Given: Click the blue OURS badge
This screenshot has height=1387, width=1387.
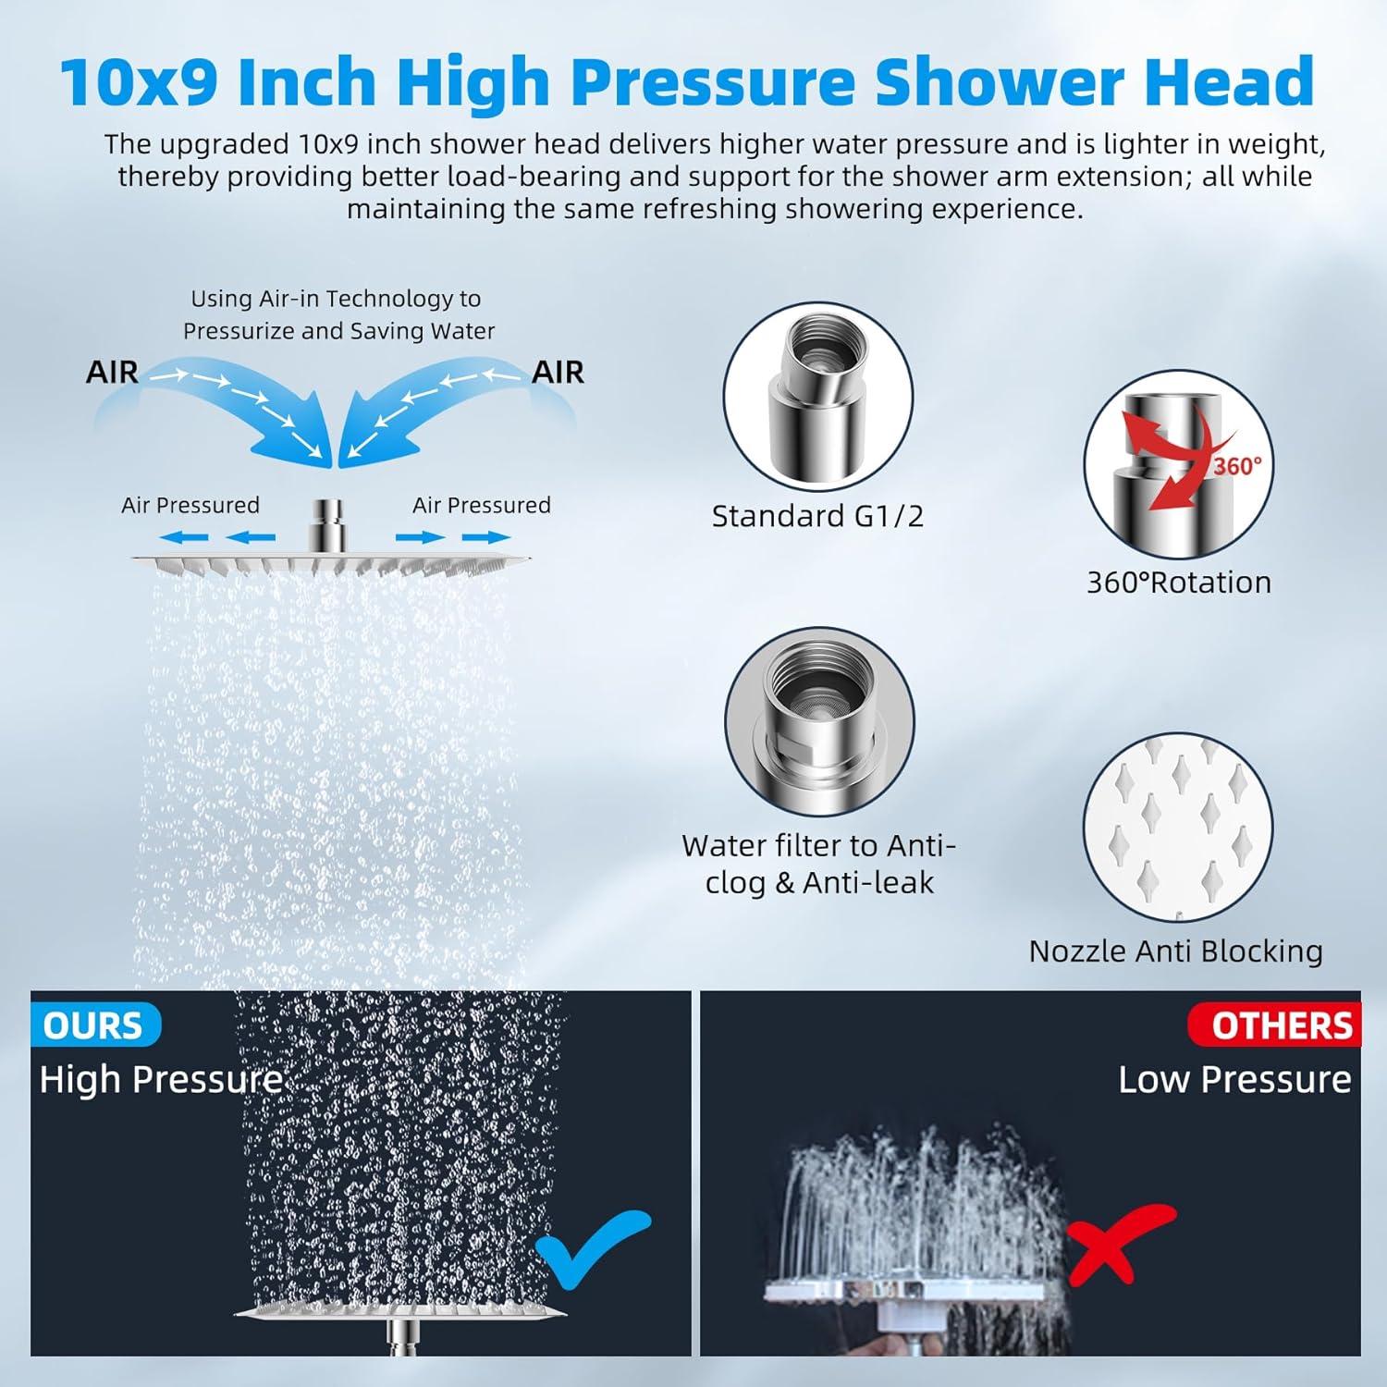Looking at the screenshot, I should [x=93, y=1025].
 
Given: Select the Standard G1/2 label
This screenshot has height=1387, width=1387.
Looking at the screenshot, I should [x=817, y=516].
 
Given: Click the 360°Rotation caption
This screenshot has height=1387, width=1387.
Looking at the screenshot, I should [x=1178, y=583].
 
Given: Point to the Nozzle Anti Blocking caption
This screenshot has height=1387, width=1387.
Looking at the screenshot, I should [x=1175, y=951].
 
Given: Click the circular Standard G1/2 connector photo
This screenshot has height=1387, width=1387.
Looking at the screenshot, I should [x=817, y=399].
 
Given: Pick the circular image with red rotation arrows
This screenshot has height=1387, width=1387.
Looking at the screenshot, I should [x=1178, y=465].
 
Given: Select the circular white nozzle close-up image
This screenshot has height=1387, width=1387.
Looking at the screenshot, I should [x=1177, y=828].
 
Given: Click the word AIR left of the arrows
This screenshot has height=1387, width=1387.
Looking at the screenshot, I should [x=112, y=372].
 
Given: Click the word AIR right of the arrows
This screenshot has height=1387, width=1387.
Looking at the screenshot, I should [x=558, y=372].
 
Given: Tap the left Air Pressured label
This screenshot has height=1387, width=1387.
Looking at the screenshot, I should [x=190, y=505].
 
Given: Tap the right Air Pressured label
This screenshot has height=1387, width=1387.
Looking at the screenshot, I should [x=481, y=505].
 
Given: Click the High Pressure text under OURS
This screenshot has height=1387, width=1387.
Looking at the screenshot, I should [x=161, y=1079].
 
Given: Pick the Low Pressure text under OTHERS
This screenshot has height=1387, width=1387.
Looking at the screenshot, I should [x=1234, y=1079].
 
